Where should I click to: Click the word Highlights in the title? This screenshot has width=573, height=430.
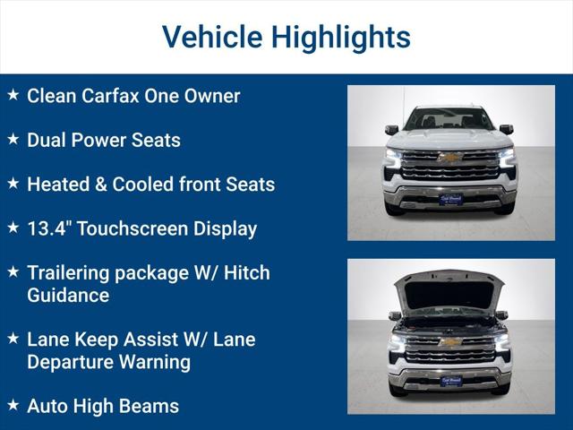click(341, 38)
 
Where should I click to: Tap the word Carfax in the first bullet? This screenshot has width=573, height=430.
click(115, 96)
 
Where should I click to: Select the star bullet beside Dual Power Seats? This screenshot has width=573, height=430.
click(13, 139)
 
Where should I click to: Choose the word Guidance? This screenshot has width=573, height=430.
click(68, 295)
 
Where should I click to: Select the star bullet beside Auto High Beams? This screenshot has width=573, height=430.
click(13, 405)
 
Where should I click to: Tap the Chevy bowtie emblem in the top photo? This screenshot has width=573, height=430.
click(450, 158)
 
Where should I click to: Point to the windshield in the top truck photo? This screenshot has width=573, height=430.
click(449, 119)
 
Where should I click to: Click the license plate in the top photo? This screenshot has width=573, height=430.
click(450, 199)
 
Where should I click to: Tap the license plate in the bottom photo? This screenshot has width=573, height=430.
click(450, 381)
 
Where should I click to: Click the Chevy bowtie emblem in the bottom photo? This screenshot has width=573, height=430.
click(450, 342)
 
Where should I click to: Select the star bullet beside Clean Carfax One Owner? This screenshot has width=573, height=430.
click(13, 95)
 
